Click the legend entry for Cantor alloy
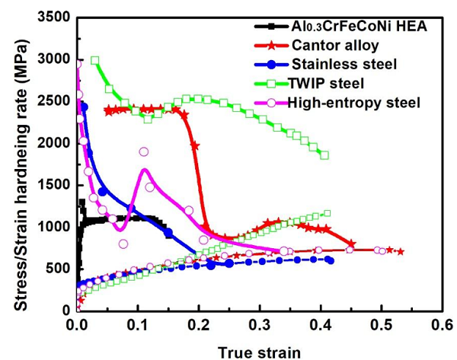click(333, 46)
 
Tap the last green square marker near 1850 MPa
click(324, 155)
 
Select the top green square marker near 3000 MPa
click(95, 60)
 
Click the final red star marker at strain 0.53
click(401, 251)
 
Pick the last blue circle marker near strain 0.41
click(329, 260)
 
